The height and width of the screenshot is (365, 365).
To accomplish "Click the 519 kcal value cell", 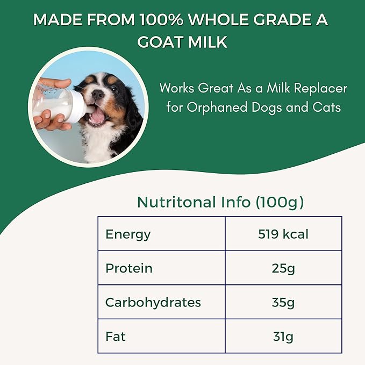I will [283, 234].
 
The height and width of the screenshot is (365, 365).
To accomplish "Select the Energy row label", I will [128, 234].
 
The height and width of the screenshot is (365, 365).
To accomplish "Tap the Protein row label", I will [129, 268].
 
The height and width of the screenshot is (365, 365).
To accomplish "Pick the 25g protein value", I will [283, 268].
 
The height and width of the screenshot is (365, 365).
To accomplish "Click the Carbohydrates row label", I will [153, 302].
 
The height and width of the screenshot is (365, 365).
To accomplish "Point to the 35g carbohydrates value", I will [283, 302].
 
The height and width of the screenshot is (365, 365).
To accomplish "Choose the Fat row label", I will [116, 337].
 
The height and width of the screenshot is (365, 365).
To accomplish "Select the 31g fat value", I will [283, 337].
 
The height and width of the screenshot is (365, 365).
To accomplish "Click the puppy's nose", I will [98, 95].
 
